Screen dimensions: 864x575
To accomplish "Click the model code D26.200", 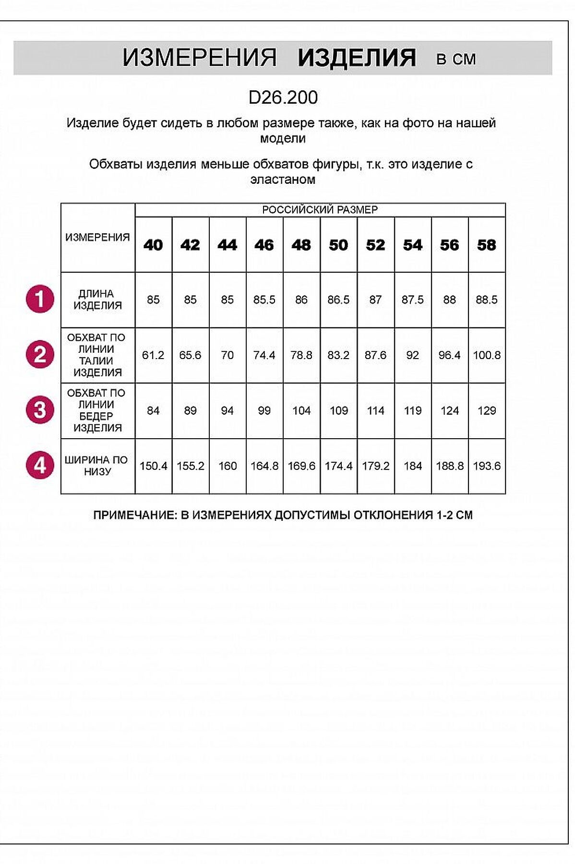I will pyautogui.click(x=283, y=97).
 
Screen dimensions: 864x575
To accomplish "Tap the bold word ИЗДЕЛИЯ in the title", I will pyautogui.click(x=357, y=58).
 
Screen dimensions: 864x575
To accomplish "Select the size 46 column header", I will pyautogui.click(x=264, y=245).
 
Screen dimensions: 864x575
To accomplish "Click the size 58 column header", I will pyautogui.click(x=486, y=245).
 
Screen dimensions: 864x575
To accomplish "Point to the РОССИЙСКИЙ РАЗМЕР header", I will pyautogui.click(x=320, y=210).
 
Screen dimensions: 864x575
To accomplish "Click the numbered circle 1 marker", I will pyautogui.click(x=40, y=299).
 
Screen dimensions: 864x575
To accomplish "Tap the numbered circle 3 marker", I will pyautogui.click(x=40, y=410).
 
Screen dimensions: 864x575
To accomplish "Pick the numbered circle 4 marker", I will pyautogui.click(x=40, y=465).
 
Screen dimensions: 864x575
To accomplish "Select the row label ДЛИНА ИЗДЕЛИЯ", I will pyautogui.click(x=97, y=300).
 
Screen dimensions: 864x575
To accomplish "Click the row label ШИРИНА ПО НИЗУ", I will pyautogui.click(x=96, y=466).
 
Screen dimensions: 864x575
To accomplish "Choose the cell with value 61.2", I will pyautogui.click(x=153, y=355).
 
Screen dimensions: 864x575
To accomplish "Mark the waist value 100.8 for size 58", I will pyautogui.click(x=487, y=355).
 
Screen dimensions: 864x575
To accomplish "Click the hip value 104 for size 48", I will pyautogui.click(x=301, y=411).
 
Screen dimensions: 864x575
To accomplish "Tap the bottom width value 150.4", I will pyautogui.click(x=153, y=466).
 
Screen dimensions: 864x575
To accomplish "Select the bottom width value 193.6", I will pyautogui.click(x=487, y=466).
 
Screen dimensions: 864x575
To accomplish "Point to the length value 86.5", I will pyautogui.click(x=338, y=300).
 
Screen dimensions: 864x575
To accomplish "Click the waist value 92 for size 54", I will pyautogui.click(x=412, y=355).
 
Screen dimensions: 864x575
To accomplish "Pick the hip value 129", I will pyautogui.click(x=487, y=411).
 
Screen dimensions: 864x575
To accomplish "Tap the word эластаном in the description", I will pyautogui.click(x=283, y=180).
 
